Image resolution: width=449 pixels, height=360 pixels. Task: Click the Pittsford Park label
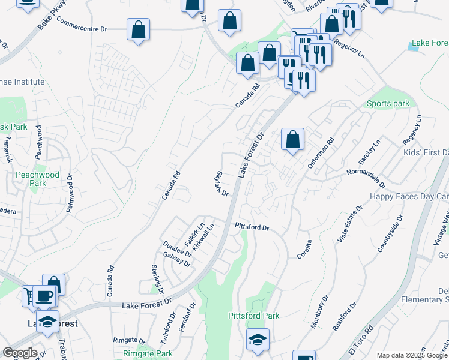point(254,316)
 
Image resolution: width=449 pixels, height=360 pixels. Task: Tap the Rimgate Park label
point(148,354)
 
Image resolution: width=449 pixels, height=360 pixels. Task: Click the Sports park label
point(388,104)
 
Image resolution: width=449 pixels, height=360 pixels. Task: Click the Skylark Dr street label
point(221,184)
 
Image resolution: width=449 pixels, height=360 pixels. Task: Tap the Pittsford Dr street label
point(252,227)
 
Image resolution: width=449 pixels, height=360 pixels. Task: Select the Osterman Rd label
point(321,154)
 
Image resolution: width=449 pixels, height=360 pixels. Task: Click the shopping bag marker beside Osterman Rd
point(292,140)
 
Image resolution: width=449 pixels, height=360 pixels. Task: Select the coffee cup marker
point(44,296)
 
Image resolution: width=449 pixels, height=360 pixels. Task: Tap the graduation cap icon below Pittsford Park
point(258,340)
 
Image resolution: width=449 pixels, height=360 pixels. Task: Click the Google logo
point(20,353)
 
